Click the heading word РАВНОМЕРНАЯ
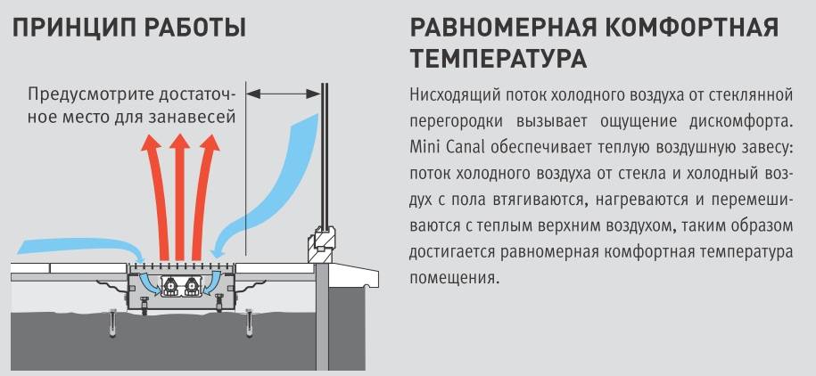502,29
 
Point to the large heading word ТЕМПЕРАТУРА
499,60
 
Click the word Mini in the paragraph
424,147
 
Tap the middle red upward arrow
180,197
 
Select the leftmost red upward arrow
155,197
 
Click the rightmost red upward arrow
204,197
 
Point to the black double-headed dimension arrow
283,94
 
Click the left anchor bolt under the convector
112,323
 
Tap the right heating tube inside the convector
191,286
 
